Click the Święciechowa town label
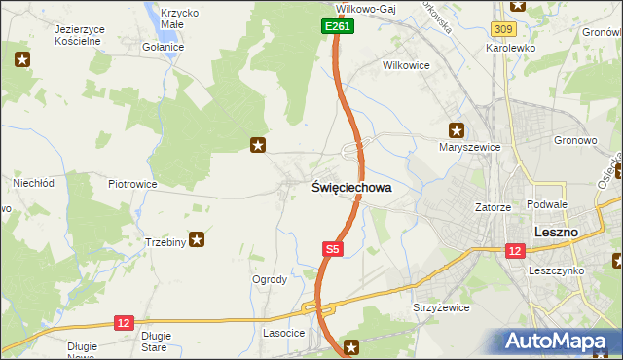[351, 188]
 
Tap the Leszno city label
[557, 233]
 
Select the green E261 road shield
[338, 27]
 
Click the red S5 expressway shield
[332, 250]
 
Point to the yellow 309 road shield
[503, 31]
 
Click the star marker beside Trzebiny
[197, 238]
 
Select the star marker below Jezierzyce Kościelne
[22, 60]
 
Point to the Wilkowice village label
[406, 67]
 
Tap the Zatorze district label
[493, 207]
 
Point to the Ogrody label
[270, 279]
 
